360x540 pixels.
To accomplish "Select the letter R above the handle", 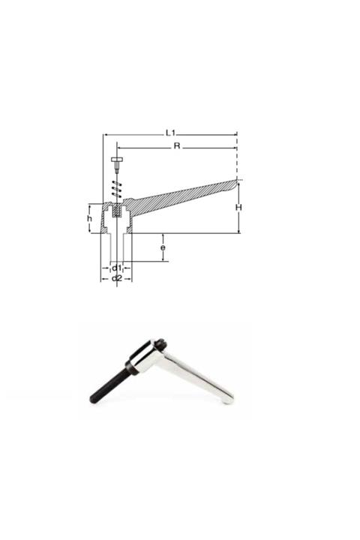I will pyautogui.click(x=177, y=145).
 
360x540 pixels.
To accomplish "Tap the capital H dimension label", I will pyautogui.click(x=237, y=207).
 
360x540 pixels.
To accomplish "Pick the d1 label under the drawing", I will pyautogui.click(x=116, y=268).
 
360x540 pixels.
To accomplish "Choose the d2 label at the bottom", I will pyautogui.click(x=116, y=279).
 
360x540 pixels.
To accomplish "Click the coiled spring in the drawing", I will pyautogui.click(x=115, y=190).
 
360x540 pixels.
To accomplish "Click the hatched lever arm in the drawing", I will pyautogui.click(x=180, y=196).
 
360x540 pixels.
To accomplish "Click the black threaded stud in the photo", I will pyautogui.click(x=109, y=384).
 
